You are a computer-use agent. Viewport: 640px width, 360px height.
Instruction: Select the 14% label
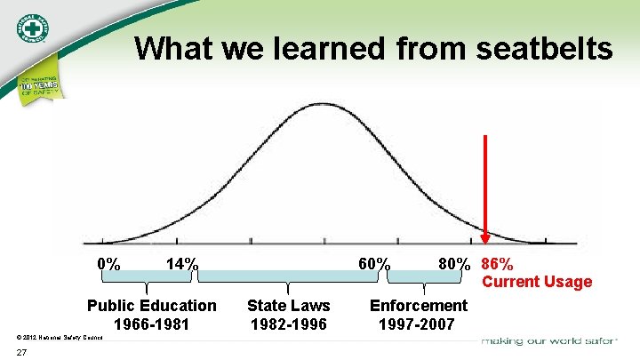coord(182,264)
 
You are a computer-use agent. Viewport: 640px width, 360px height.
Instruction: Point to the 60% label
coord(373,264)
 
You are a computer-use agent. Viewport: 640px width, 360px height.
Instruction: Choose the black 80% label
coord(455,264)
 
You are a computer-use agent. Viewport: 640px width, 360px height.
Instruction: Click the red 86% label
coord(497,264)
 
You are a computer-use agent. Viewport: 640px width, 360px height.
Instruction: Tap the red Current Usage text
coord(537,282)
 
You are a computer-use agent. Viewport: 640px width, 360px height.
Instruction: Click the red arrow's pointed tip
coord(485,241)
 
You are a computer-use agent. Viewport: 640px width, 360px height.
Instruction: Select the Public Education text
coord(151,306)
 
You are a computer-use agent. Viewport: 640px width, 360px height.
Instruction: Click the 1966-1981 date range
coord(151,324)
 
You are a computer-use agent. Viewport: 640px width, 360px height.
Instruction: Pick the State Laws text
coord(288,306)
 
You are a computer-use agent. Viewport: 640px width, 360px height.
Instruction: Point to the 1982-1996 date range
coord(288,324)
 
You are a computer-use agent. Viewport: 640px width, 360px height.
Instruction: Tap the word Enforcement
coord(418,306)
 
